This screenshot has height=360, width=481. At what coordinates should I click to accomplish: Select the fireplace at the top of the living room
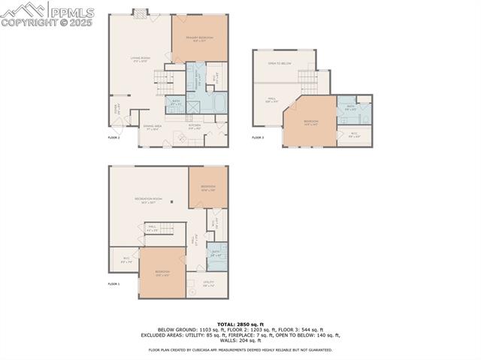pos(141,12)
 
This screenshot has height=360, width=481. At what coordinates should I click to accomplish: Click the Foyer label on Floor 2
pos(116,108)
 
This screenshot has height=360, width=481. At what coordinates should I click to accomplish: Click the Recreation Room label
pos(149,200)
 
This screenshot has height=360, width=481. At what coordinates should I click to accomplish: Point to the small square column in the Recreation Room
pos(171,202)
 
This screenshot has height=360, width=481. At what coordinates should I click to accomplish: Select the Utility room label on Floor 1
pos(208,283)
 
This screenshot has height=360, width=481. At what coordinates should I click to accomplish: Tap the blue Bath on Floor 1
pos(216,254)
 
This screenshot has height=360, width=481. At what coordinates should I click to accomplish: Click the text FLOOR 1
pos(113,284)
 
